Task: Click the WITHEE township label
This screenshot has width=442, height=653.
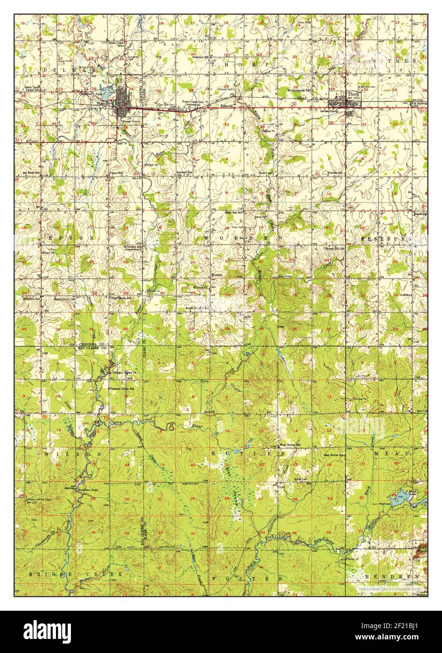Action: click(401, 62)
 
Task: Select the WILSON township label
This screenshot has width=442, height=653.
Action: click(62, 455)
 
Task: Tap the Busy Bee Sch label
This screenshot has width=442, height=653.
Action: click(233, 212)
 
